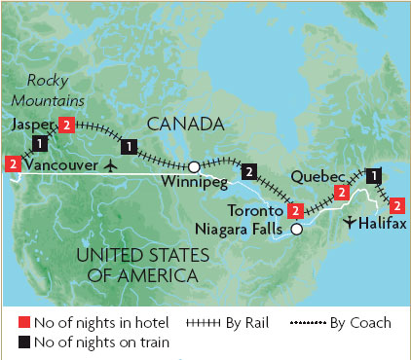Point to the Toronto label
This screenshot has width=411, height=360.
coord(257,210)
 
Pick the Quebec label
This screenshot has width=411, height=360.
coord(318,177)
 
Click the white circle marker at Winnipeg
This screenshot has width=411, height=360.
coord(194,165)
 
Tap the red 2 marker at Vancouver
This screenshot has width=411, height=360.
coord(13,164)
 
